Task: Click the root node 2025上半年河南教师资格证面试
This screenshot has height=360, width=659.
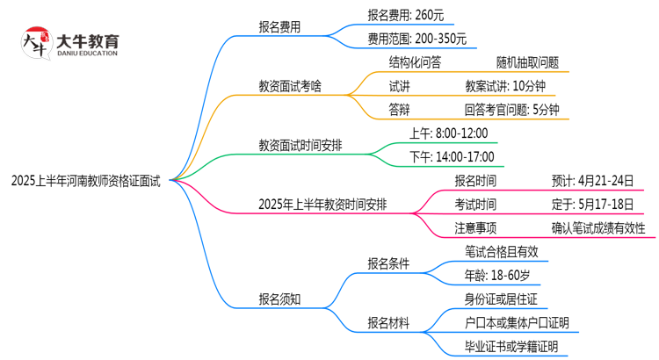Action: [86, 181]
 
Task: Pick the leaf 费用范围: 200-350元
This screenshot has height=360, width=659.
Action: [417, 39]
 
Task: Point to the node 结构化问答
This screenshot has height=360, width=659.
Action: [415, 63]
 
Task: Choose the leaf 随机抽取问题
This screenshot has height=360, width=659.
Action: [527, 63]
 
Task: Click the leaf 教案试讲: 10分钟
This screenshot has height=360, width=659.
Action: [506, 86]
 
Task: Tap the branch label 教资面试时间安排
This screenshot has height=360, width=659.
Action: [300, 146]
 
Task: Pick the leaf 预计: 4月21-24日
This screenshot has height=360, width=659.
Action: [592, 181]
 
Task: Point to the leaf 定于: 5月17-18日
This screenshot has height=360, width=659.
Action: [592, 205]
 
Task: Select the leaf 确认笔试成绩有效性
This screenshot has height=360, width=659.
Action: [598, 228]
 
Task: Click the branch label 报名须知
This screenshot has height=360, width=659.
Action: [279, 299]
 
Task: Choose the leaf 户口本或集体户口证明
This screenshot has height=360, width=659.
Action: [516, 323]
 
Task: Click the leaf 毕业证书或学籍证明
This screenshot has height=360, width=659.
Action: [511, 347]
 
